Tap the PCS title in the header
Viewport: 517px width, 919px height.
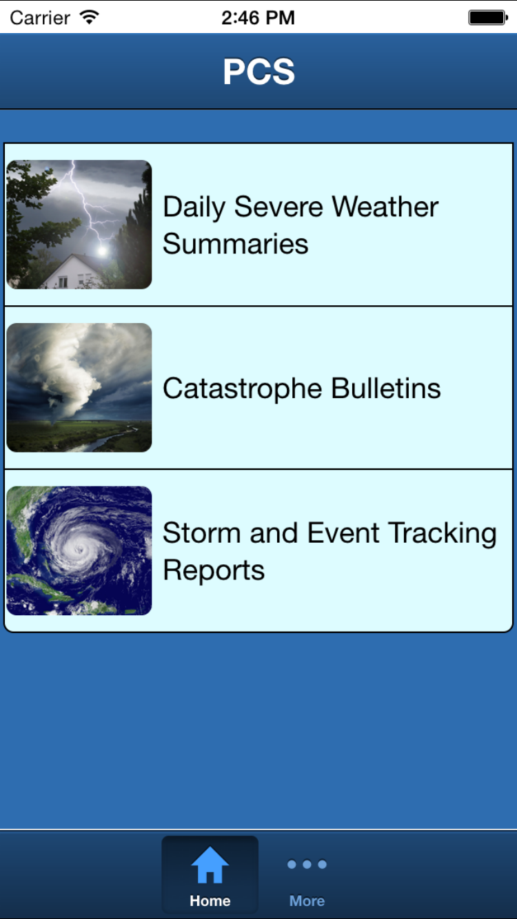258,72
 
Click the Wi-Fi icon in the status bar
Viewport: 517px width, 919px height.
89,17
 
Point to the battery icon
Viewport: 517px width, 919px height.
488,18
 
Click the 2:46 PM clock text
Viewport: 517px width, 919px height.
258,18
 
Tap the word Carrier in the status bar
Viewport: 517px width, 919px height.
40,18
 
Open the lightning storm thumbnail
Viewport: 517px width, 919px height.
79,225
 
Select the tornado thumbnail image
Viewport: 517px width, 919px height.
79,388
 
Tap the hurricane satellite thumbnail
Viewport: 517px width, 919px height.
79,550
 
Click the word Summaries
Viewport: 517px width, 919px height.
235,244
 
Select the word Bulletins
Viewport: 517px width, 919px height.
386,388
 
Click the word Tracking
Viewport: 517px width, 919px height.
443,534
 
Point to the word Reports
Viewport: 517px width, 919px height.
214,570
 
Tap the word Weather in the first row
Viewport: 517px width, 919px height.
385,207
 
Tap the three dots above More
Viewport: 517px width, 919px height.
307,865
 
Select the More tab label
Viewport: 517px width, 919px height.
307,901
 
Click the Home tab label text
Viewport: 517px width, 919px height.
210,901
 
